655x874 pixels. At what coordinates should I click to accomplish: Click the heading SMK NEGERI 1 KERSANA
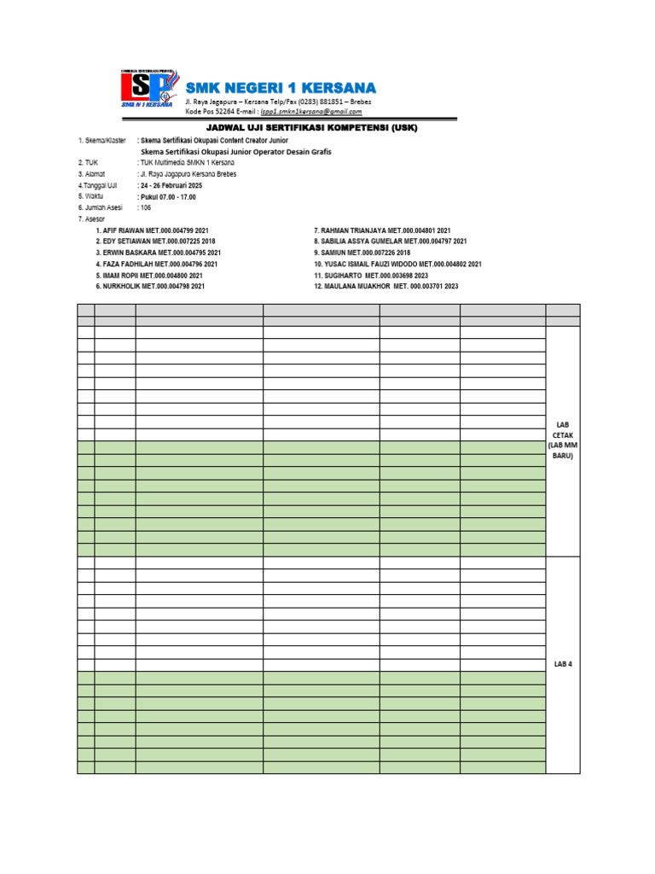[x=280, y=89]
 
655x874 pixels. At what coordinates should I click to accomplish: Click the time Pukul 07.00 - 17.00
[x=169, y=196]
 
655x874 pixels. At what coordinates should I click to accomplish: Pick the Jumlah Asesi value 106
[x=147, y=207]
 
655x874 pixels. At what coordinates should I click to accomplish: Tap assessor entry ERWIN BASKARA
[x=130, y=253]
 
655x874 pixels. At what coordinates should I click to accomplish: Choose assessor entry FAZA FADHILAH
[x=130, y=265]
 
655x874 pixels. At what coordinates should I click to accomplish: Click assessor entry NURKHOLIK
[x=123, y=287]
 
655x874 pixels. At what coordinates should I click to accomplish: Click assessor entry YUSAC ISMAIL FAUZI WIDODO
[x=372, y=265]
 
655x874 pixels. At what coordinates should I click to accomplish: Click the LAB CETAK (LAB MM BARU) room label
[x=562, y=440]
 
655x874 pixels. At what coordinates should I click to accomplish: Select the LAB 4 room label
[x=562, y=664]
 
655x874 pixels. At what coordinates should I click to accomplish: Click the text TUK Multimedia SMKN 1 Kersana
[x=186, y=162]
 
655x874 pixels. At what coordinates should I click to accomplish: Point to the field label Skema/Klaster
[x=100, y=140]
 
